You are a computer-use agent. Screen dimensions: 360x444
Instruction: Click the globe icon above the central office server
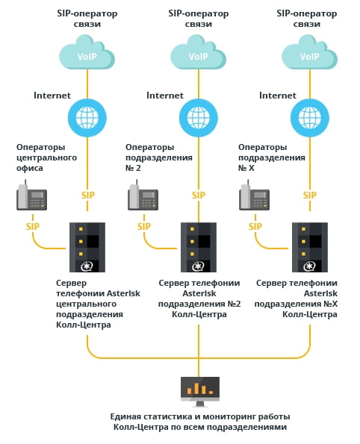coord(87,117)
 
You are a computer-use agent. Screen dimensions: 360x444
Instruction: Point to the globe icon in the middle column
coord(199,117)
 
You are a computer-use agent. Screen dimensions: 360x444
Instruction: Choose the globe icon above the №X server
coord(310,117)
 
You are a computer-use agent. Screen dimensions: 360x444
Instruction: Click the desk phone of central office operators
coord(31,195)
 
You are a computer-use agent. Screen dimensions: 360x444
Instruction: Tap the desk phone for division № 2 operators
coord(143,195)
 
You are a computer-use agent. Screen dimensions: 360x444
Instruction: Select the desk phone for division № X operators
coord(254,195)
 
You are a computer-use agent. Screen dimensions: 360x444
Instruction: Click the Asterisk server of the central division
coord(87,247)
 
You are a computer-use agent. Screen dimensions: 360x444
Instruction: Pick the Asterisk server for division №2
coord(199,247)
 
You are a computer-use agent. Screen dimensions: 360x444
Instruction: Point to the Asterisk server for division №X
coord(310,247)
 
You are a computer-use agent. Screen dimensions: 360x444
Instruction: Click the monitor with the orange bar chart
coord(200,392)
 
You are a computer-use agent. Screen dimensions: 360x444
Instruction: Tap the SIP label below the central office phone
coord(33,227)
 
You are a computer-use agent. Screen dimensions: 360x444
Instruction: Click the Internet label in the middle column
coord(165,96)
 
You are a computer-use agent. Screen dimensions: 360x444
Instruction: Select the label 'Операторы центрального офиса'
coord(46,157)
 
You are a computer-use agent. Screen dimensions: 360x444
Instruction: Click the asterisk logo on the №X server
coord(309,266)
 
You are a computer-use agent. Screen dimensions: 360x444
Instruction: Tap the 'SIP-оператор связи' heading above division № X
coord(307,19)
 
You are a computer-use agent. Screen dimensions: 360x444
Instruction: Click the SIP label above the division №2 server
coord(199,195)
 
